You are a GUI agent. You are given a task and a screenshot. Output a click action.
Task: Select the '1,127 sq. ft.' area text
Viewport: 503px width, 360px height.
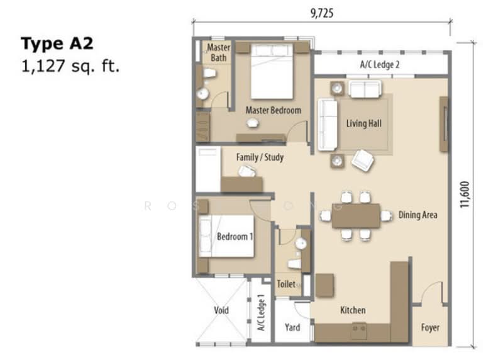pyautogui.click(x=70, y=65)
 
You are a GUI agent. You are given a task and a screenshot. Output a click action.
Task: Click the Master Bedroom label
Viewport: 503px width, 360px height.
pyautogui.click(x=273, y=110)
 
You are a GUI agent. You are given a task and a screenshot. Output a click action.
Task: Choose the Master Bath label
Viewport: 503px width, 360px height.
pyautogui.click(x=219, y=53)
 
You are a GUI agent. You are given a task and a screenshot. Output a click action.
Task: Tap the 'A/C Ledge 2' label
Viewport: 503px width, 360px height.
pyautogui.click(x=380, y=64)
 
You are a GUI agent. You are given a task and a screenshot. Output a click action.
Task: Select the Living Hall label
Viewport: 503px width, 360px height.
pyautogui.click(x=363, y=123)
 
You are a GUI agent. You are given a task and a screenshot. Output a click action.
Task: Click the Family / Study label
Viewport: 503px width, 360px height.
pyautogui.click(x=259, y=157)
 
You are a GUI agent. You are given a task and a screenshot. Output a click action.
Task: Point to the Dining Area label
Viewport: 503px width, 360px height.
pyautogui.click(x=417, y=215)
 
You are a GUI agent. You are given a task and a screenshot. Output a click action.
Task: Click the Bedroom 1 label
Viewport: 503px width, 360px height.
pyautogui.click(x=235, y=237)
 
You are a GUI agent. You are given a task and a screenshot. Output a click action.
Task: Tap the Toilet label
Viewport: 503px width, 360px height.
pyautogui.click(x=285, y=284)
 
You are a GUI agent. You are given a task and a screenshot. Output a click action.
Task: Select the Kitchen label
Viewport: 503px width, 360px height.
pyautogui.click(x=353, y=310)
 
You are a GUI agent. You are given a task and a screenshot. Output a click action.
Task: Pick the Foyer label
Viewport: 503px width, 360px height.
pyautogui.click(x=430, y=328)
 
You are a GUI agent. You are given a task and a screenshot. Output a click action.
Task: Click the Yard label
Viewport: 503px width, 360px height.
pyautogui.click(x=292, y=328)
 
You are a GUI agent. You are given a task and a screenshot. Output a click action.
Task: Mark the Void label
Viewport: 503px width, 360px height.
pyautogui.click(x=221, y=310)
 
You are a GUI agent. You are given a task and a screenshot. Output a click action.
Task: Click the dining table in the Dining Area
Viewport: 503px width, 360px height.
pyautogui.click(x=356, y=215)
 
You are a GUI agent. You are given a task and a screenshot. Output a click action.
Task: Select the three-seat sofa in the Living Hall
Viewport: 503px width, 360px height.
pyautogui.click(x=327, y=125)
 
